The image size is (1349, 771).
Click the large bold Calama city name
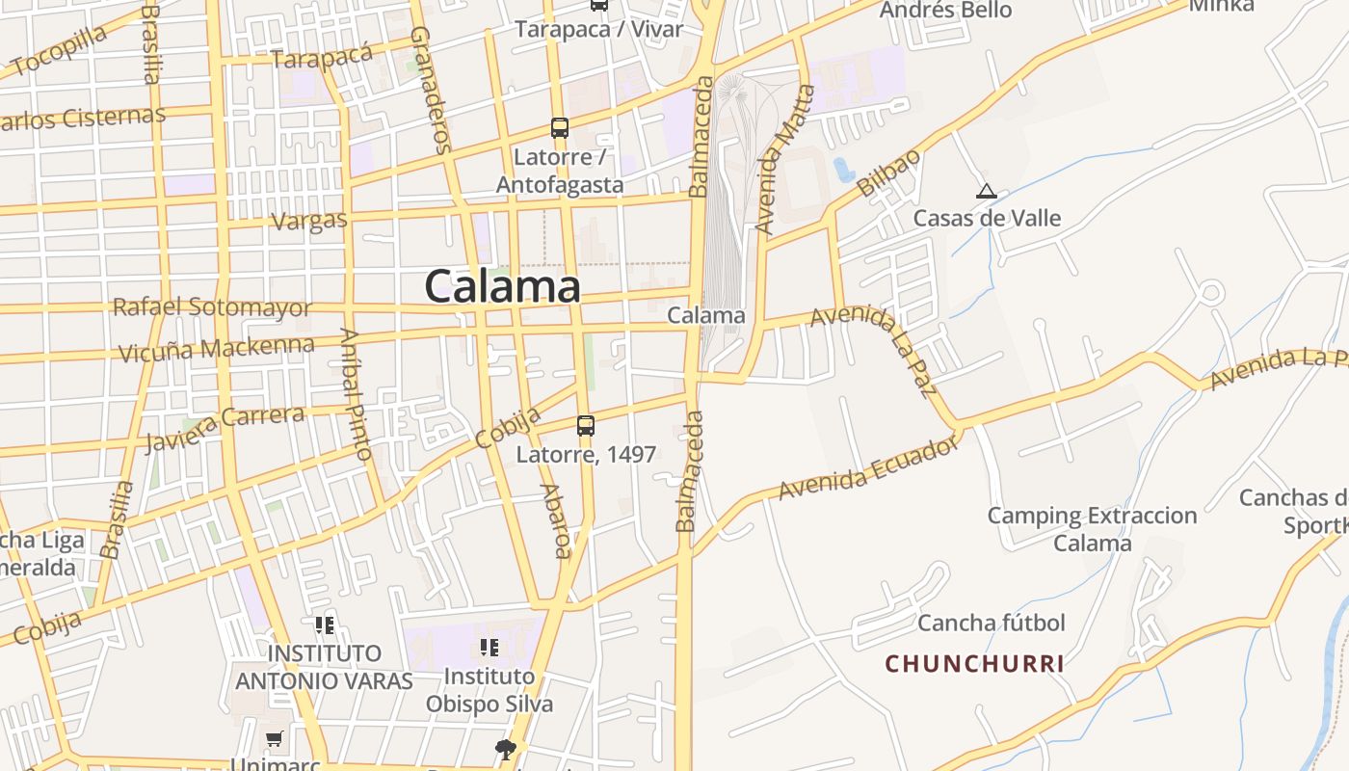coord(502,286)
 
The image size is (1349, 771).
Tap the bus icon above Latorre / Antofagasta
coord(560,127)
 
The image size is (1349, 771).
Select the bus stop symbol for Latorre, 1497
coord(586,425)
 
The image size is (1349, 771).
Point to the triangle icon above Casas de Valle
coord(985,191)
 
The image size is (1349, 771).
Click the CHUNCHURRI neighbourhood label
coord(975,663)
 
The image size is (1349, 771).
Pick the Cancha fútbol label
coord(992,623)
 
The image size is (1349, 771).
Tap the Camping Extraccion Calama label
coord(1092,529)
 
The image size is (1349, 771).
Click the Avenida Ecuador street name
coord(869,465)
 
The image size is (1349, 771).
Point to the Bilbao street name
coord(888,173)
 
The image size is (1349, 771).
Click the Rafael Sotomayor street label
coord(212,307)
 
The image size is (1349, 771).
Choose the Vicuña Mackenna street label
coord(216,348)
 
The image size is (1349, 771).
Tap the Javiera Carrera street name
coord(224,428)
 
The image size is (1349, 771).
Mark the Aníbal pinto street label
coord(355,393)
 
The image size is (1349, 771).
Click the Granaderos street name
coord(430,89)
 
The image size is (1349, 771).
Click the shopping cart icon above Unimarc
coord(275,739)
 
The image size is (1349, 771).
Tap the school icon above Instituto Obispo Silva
coord(489,648)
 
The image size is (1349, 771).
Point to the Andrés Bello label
coord(946,11)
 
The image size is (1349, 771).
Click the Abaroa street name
coord(557,520)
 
